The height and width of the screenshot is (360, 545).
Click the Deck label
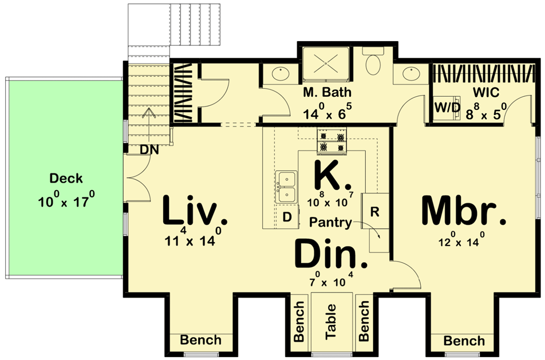click(66, 178)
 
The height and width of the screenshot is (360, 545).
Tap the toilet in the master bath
click(373, 61)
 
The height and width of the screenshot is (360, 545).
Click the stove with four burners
click(331, 141)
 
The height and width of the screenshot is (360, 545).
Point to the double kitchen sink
click(286, 187)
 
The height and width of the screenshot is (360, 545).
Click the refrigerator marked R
click(374, 211)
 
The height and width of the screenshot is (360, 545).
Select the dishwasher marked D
click(287, 217)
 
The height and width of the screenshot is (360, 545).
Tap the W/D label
click(447, 108)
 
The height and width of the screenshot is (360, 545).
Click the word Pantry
click(330, 222)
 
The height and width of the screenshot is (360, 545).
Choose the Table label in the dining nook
click(331, 322)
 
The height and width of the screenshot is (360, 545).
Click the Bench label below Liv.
click(200, 339)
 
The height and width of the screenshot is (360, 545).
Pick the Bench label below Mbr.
click(464, 341)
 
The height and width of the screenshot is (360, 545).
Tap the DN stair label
click(149, 150)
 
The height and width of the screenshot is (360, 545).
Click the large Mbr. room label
click(463, 211)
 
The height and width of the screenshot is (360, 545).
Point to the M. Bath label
click(327, 93)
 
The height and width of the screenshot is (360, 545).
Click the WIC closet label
click(486, 93)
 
